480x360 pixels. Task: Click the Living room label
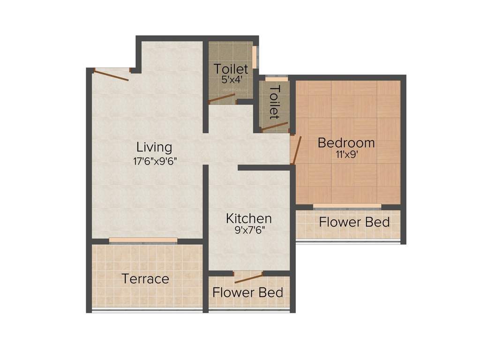(x=154, y=147)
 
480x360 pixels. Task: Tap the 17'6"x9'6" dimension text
(x=154, y=161)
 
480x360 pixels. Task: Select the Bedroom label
(x=346, y=142)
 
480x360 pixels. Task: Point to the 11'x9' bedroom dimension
(x=347, y=155)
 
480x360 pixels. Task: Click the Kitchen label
(x=248, y=218)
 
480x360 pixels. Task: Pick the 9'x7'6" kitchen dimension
(x=248, y=231)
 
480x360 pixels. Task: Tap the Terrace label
(x=145, y=279)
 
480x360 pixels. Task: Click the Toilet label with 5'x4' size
(x=231, y=69)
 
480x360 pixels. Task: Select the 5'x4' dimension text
(x=231, y=80)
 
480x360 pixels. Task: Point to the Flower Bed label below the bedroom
(x=354, y=222)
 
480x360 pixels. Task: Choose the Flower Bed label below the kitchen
(x=247, y=293)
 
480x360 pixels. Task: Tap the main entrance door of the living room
(x=111, y=75)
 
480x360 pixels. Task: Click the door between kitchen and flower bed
(x=248, y=278)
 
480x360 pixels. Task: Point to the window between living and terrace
(x=143, y=241)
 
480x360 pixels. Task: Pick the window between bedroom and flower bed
(x=347, y=206)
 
